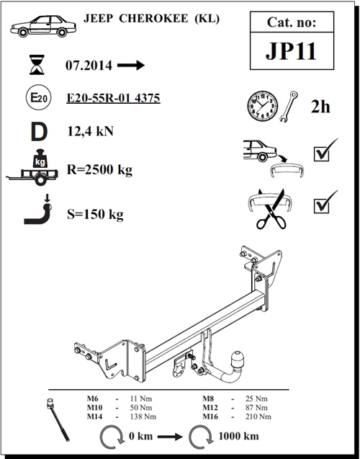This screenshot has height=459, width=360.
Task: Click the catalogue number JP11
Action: [x=292, y=51]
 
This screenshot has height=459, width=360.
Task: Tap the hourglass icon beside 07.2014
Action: [x=37, y=65]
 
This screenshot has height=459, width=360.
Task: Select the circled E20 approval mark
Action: [x=39, y=97]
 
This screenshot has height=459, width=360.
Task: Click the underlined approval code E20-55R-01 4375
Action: [x=113, y=98]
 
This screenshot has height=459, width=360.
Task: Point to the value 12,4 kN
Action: [x=91, y=131]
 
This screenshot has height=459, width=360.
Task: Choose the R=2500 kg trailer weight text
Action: [x=99, y=169]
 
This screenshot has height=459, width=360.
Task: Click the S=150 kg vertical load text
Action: [x=95, y=214]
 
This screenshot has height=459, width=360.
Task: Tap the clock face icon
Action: [x=262, y=106]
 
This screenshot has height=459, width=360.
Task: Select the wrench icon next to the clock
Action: [x=288, y=107]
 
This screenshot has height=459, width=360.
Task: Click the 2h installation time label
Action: [x=320, y=107]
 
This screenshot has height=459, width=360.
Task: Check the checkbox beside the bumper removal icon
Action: [x=321, y=154]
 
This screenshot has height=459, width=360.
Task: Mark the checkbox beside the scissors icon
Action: [x=321, y=205]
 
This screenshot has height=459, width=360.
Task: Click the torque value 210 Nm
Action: [x=258, y=416]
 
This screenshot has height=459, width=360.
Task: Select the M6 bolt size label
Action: [x=92, y=398]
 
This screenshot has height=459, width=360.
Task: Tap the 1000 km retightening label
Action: [x=238, y=436]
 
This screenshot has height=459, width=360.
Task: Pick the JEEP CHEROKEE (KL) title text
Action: [x=151, y=19]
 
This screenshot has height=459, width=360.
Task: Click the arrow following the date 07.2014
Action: [x=131, y=65]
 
